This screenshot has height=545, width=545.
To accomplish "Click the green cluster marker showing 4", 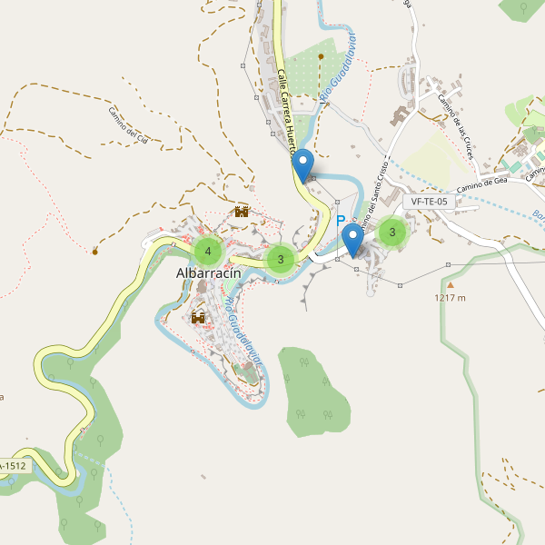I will (x=208, y=251).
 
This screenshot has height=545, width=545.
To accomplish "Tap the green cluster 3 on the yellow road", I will (x=281, y=259).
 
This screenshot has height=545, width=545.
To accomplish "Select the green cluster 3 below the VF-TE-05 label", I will (x=392, y=233).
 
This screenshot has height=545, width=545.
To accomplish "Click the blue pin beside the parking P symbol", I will (x=352, y=241).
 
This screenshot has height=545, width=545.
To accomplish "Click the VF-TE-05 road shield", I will (x=429, y=202).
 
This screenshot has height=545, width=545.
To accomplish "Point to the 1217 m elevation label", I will (x=450, y=297).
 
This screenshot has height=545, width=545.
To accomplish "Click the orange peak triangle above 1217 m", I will (x=450, y=284).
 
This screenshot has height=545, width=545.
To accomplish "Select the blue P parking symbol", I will (x=341, y=221).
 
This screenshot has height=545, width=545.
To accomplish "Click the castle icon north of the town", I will (x=242, y=212).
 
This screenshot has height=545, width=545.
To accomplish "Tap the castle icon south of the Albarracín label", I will (x=198, y=317).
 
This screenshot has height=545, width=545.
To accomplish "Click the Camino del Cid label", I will (x=134, y=126).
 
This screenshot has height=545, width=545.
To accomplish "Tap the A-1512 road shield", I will (x=15, y=466).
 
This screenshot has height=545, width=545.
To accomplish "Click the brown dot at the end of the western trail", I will (x=94, y=250).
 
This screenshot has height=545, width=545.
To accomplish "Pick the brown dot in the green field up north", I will (x=321, y=55).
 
